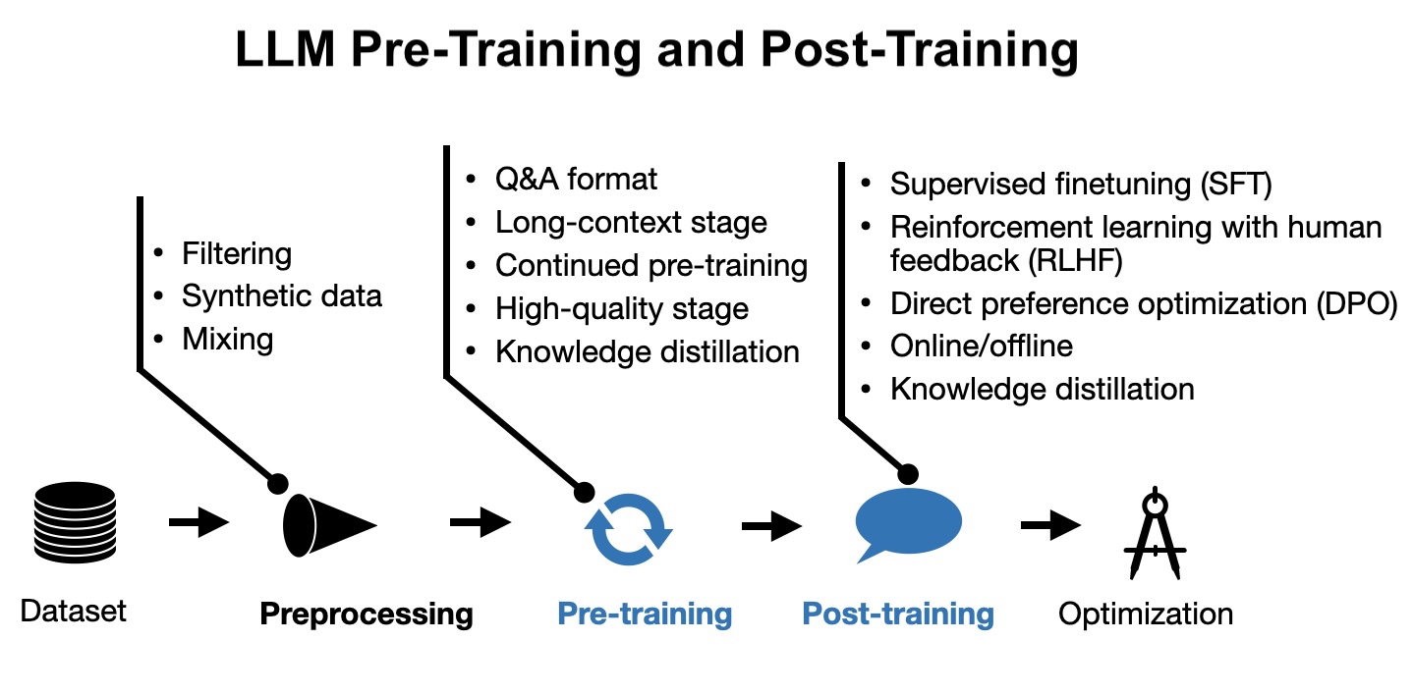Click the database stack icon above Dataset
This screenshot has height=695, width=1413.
pyautogui.click(x=74, y=520)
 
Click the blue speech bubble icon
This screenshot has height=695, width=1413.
pyautogui.click(x=907, y=522)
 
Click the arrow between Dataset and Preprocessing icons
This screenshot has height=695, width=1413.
pyautogui.click(x=198, y=521)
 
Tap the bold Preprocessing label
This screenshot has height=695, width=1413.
pyautogui.click(x=367, y=615)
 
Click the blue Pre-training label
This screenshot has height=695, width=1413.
pyautogui.click(x=645, y=615)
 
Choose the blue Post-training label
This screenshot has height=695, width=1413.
pyautogui.click(x=898, y=615)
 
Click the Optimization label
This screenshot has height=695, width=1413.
pyautogui.click(x=1145, y=615)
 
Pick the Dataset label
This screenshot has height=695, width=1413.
pyautogui.click(x=74, y=612)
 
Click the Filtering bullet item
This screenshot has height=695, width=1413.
pyautogui.click(x=237, y=254)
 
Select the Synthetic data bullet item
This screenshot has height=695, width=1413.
pyautogui.click(x=282, y=295)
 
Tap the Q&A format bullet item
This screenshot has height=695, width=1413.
pyautogui.click(x=576, y=179)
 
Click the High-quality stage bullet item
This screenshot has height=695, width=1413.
pyautogui.click(x=622, y=309)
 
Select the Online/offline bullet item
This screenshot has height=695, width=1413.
pyautogui.click(x=982, y=346)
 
